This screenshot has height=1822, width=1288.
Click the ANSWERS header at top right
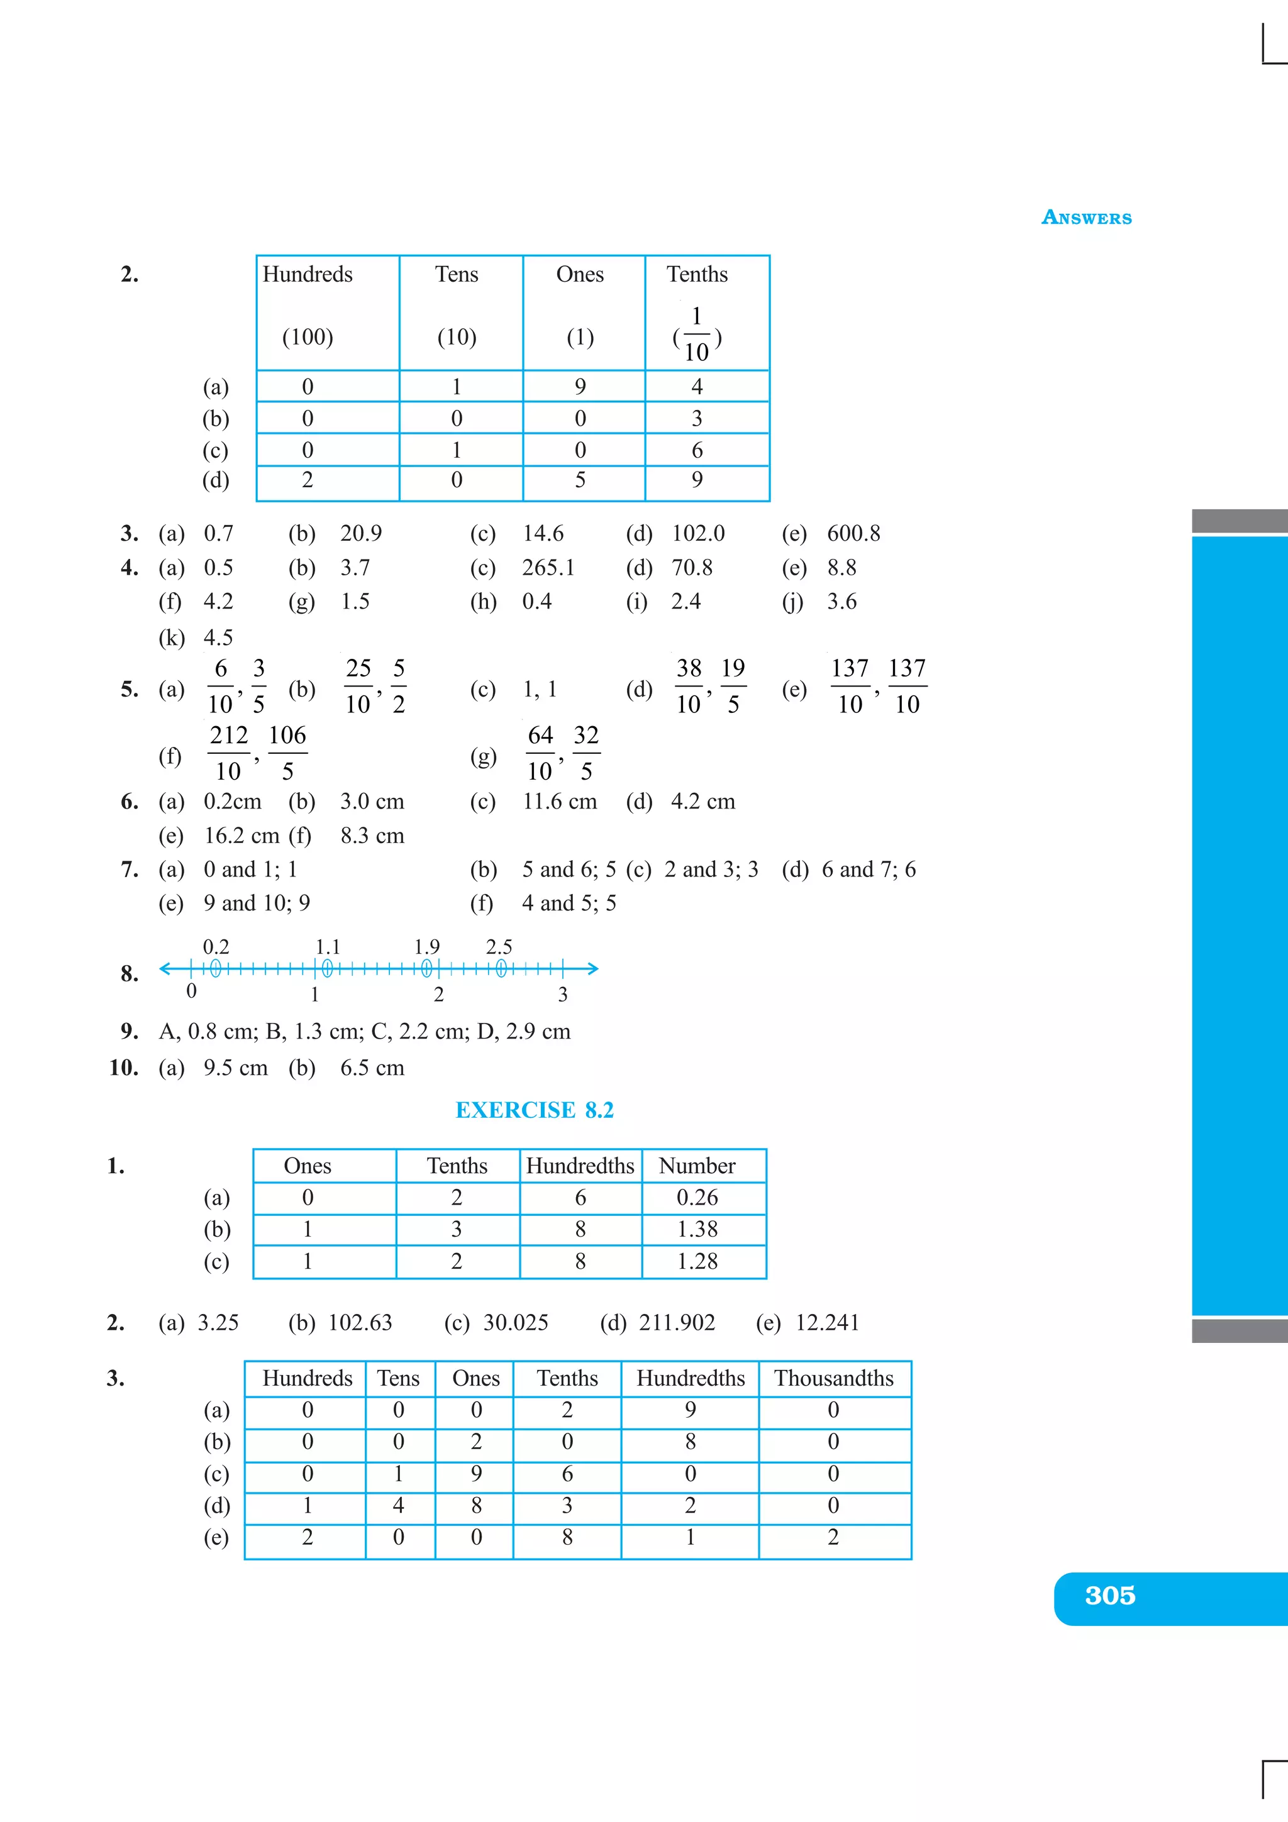coord(1085,218)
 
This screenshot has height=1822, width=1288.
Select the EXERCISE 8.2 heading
coord(534,1110)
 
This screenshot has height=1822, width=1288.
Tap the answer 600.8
coord(853,533)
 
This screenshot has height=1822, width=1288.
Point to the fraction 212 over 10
coord(228,753)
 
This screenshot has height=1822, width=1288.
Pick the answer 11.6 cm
coord(560,802)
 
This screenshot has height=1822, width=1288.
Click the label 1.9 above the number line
coord(427,947)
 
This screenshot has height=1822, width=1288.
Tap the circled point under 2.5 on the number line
coord(501,968)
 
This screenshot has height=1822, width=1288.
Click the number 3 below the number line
coord(563,995)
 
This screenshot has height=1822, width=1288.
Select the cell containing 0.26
coord(697,1198)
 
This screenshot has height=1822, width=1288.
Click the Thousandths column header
coord(833,1378)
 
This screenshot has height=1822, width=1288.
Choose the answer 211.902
coord(677,1322)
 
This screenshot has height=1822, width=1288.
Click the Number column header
coord(697,1166)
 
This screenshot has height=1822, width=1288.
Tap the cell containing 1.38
coord(697,1229)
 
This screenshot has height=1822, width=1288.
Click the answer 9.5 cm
coord(235,1068)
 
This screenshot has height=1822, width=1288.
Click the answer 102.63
coord(360,1322)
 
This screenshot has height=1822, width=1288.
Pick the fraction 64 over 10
coord(540,753)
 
